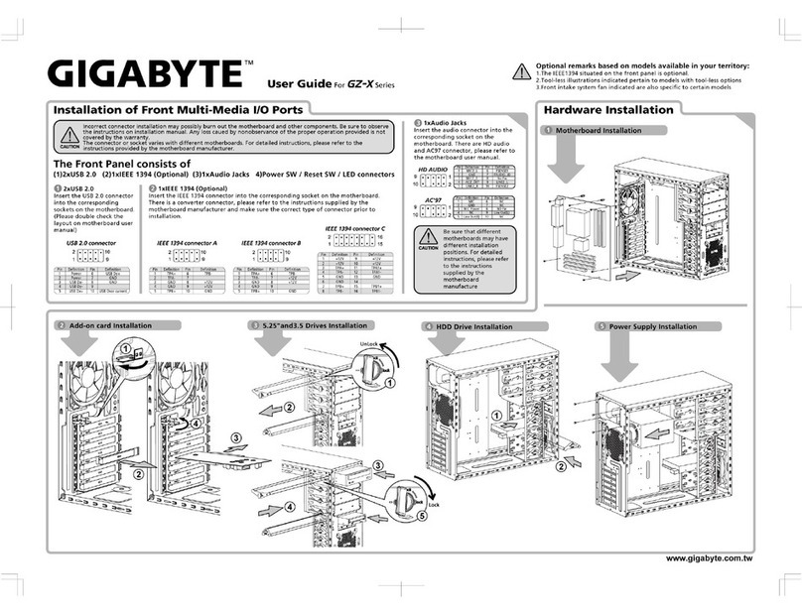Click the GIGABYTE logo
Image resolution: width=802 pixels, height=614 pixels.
[x=138, y=74]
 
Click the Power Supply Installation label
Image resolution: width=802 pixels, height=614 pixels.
[x=652, y=326]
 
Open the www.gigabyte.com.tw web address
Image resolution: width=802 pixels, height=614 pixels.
[x=708, y=558]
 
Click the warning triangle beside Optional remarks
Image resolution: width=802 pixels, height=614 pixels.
[x=522, y=70]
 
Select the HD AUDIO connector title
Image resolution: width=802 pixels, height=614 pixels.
[x=432, y=170]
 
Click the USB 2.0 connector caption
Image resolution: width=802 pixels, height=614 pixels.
[x=91, y=242]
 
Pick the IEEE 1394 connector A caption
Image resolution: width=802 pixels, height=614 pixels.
[x=186, y=242]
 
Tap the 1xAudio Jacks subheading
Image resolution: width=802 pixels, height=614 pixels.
[x=447, y=122]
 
